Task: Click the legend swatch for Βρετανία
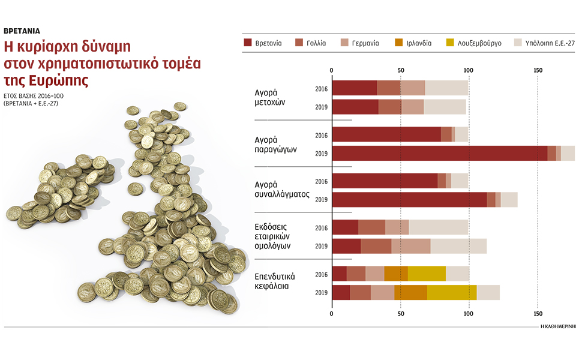tap(248, 43)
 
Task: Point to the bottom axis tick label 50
tap(400, 313)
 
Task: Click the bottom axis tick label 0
tap(332, 313)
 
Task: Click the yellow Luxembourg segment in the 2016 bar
tap(427, 273)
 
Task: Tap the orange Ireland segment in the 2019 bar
tap(410, 292)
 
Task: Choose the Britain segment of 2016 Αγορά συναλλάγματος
tap(385, 181)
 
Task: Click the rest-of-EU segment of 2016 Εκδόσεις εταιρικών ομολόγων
tap(438, 227)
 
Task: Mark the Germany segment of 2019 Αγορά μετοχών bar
tap(412, 107)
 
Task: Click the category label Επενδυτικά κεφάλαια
tap(275, 281)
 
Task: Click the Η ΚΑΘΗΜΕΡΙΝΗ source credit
tap(557, 327)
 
